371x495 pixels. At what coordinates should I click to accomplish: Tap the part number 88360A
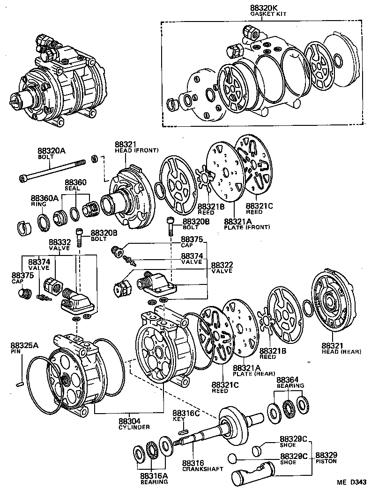(x=45, y=198)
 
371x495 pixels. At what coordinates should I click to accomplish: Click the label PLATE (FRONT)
(x=247, y=227)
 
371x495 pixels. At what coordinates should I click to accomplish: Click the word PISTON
(x=325, y=461)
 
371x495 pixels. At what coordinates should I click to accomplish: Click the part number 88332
(x=59, y=241)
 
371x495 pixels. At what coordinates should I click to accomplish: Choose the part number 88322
(x=222, y=265)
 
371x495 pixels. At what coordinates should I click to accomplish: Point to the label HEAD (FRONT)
(x=136, y=150)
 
